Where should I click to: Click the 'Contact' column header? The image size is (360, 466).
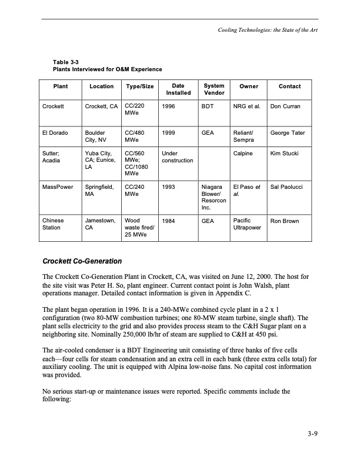(289, 86)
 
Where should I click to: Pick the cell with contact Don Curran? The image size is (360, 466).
(285, 106)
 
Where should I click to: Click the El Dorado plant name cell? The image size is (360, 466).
(55, 134)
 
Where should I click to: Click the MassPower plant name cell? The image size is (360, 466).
(58, 187)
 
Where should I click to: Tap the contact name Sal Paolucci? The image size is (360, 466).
(286, 187)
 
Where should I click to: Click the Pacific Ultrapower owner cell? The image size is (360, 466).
(246, 225)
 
